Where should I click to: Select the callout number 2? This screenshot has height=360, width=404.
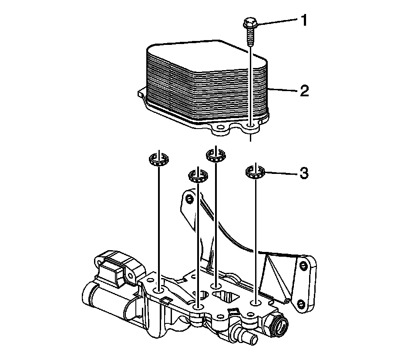(x=303, y=91)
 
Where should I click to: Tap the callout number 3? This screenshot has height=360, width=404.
(x=303, y=173)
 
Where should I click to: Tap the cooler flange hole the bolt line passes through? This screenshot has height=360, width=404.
(x=251, y=127)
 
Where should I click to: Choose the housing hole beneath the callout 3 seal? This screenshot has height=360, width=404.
(x=255, y=302)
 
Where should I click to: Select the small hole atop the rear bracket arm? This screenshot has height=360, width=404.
(x=189, y=199)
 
